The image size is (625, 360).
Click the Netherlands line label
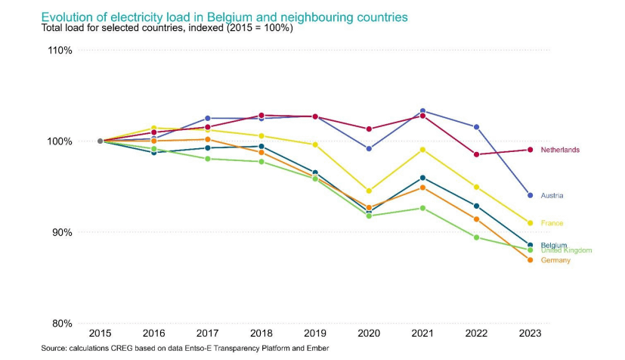[x=560, y=150]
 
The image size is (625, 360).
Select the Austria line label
[x=552, y=196]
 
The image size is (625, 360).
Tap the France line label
[x=552, y=223]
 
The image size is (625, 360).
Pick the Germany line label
[x=555, y=260]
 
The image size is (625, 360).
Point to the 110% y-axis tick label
[x=59, y=51]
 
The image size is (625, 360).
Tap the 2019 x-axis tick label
[x=315, y=333]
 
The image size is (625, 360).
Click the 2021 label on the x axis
[x=422, y=333]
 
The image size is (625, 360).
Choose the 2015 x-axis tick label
[x=100, y=333]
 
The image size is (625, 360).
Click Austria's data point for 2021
[x=422, y=111]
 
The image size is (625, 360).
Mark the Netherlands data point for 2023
[x=531, y=150]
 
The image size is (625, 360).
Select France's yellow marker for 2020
[x=369, y=191]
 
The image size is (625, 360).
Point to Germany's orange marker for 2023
[x=531, y=260]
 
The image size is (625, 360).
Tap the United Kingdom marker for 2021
[x=422, y=208]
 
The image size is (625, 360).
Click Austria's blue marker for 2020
[x=369, y=149]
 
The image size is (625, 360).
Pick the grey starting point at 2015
[x=100, y=141]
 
